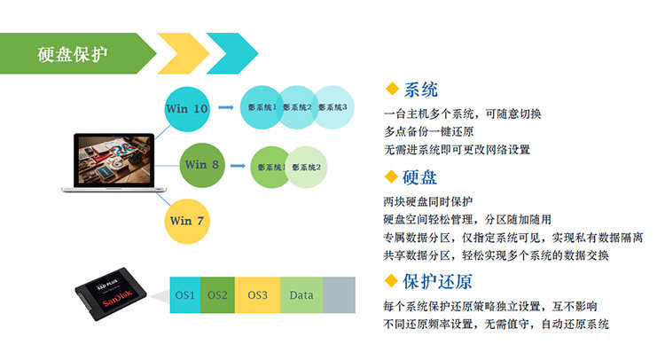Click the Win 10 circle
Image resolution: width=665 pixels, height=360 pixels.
click(188, 109)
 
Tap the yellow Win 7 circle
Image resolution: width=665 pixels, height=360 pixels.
click(187, 220)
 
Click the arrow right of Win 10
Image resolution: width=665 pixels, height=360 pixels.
click(227, 108)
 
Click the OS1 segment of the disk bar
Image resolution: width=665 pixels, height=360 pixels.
click(184, 294)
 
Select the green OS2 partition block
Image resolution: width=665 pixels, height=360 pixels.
click(217, 294)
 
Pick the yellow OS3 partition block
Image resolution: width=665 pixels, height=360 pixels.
click(257, 294)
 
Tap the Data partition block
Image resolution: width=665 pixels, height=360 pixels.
click(301, 294)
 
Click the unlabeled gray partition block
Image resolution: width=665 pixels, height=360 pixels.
click(339, 294)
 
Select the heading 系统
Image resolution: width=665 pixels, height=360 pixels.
click(420, 90)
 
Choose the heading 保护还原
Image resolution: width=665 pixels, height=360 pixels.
click(437, 282)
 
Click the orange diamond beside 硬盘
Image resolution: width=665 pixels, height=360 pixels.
click(392, 176)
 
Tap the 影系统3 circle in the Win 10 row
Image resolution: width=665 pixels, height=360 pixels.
click(333, 108)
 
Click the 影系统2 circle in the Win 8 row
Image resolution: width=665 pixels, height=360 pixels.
click(307, 167)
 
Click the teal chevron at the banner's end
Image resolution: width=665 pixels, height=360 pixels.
click(232, 53)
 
